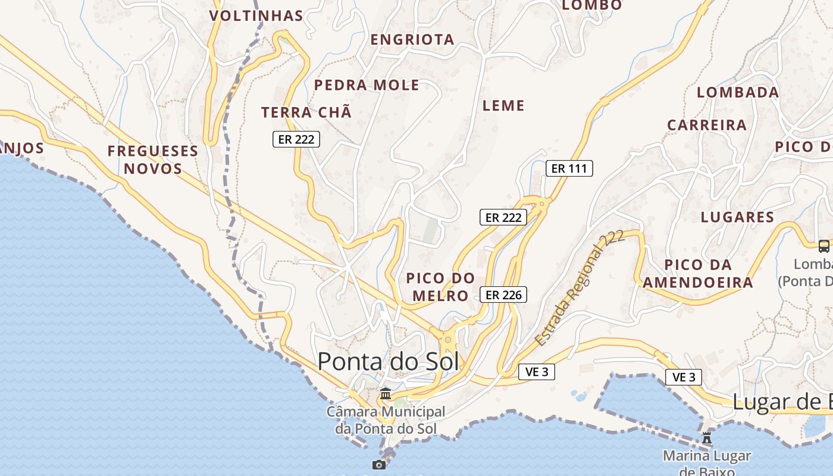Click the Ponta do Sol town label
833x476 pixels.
(388, 361)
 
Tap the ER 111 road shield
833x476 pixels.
(569, 168)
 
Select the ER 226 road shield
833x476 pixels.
(503, 295)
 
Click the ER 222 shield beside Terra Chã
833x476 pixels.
(296, 139)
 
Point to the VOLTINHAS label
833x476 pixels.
(256, 15)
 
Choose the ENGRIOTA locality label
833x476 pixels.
(412, 40)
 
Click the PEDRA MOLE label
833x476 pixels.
(367, 85)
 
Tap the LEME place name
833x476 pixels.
(503, 106)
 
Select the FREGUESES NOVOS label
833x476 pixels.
(153, 159)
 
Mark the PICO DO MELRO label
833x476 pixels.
(440, 287)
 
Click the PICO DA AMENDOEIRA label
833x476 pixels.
(698, 273)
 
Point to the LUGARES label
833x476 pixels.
(737, 217)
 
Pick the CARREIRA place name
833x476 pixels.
(707, 125)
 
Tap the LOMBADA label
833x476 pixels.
(738, 92)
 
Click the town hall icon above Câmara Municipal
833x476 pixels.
(386, 394)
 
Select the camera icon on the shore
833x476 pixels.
(378, 465)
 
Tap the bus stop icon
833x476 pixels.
(824, 246)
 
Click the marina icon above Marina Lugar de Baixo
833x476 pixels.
(707, 439)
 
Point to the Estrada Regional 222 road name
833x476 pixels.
(580, 288)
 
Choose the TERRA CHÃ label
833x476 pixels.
(306, 112)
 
